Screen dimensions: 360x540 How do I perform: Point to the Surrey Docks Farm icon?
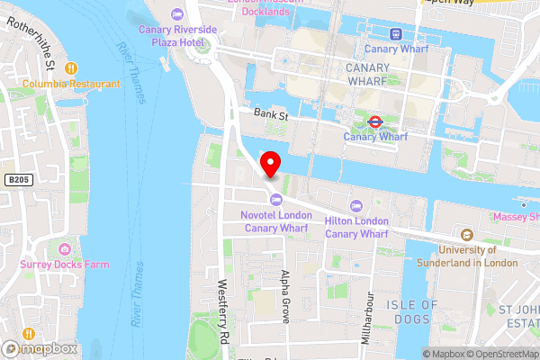[64, 249]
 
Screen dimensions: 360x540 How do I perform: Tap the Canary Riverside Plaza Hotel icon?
[177, 13]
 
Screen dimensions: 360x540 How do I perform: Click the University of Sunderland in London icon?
[467, 234]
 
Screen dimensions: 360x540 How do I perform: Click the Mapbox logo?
[39, 348]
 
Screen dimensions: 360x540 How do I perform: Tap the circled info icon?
[412, 354]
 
